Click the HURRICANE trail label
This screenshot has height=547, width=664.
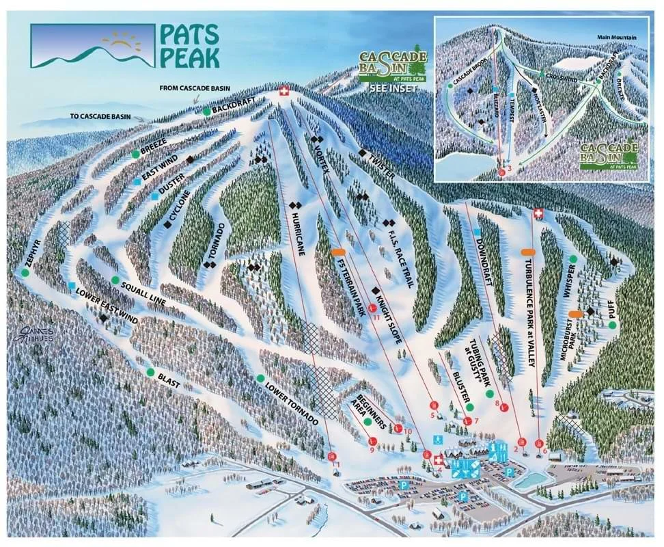[299, 235]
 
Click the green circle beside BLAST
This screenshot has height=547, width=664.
[150, 372]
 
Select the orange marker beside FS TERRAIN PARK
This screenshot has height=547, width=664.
[338, 252]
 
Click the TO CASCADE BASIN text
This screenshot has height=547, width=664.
[104, 116]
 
